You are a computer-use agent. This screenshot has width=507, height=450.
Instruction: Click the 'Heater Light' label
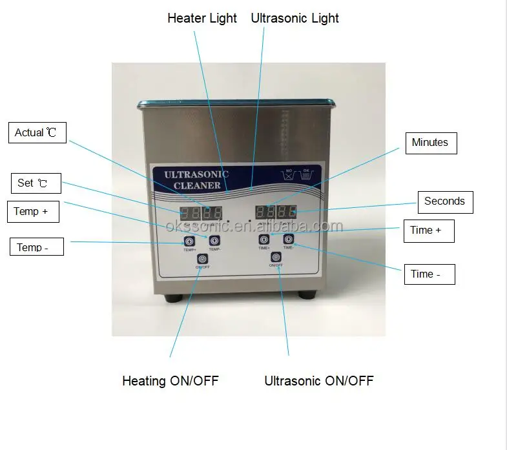tap(202, 18)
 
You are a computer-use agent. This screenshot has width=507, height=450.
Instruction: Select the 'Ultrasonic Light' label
tap(295, 18)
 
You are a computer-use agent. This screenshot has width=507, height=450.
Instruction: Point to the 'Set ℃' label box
tap(36, 183)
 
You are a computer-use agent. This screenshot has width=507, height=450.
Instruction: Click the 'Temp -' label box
tap(36, 247)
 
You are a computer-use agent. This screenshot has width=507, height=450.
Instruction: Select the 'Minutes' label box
tap(430, 143)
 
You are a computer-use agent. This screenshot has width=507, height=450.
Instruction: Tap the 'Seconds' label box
tap(445, 201)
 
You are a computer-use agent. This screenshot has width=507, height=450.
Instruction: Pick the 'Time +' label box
tap(429, 230)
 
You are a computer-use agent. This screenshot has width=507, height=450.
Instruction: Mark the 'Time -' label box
tap(429, 274)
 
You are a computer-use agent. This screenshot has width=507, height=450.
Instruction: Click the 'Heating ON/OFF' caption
tap(171, 380)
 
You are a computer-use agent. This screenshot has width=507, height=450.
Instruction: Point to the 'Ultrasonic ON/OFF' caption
tap(319, 380)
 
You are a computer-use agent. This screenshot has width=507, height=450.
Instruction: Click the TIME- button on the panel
tap(288, 240)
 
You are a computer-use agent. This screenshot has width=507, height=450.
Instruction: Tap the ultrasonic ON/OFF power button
tap(276, 257)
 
